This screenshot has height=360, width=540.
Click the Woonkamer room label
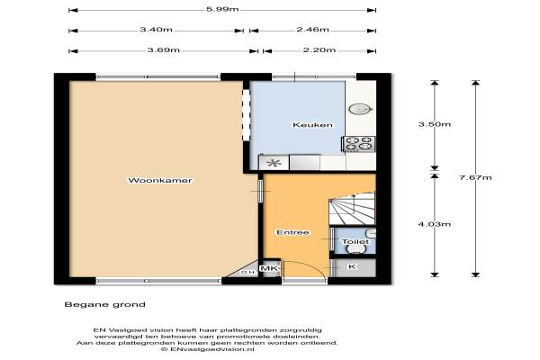(160, 181)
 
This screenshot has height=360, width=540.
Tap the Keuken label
(312, 125)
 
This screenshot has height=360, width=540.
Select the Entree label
(292, 232)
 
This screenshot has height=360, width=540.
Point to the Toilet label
(355, 241)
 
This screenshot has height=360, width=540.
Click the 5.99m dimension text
(222, 9)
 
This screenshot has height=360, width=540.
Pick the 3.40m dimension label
(156, 30)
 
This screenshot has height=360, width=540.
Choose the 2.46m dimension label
(312, 30)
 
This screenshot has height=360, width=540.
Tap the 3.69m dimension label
(164, 50)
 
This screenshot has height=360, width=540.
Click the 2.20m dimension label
(319, 50)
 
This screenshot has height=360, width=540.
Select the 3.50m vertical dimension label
(435, 124)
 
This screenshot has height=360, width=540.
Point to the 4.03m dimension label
(435, 224)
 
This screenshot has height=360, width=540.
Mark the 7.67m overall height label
(475, 178)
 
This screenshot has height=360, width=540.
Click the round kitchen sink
(360, 109)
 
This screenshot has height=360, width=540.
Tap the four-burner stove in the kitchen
(359, 144)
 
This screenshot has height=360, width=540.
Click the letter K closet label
(352, 266)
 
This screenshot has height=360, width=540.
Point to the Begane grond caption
(105, 304)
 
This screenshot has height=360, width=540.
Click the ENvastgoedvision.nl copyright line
(208, 349)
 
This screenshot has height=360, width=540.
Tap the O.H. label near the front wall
(249, 272)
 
